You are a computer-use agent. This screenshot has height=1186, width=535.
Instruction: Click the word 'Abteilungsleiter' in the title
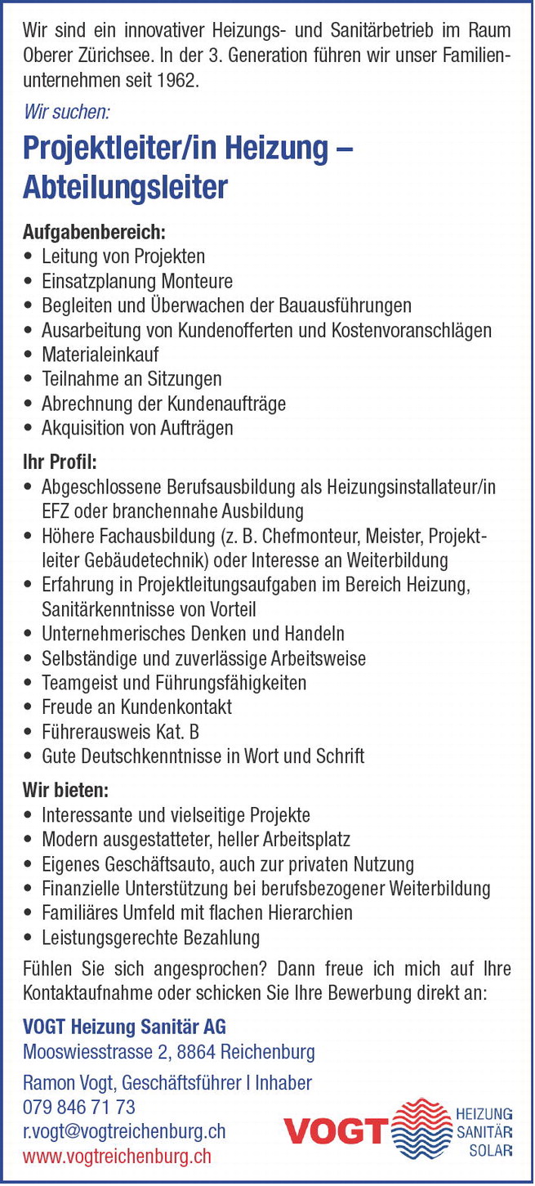[125, 188]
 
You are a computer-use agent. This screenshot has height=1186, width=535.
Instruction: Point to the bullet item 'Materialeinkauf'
[100, 354]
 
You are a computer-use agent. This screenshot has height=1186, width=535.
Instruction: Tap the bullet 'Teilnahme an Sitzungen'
[132, 379]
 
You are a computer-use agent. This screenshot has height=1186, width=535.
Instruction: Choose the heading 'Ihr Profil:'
[60, 463]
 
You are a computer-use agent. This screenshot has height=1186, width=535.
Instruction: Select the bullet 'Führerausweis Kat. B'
[120, 732]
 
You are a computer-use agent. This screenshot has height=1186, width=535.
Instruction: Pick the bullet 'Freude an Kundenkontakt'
[136, 707]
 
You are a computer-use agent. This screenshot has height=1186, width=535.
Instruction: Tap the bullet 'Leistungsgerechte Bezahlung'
[150, 937]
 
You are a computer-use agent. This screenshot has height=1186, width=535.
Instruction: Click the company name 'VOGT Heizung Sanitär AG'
[124, 1027]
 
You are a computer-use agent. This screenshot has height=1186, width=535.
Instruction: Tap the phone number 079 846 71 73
[79, 1108]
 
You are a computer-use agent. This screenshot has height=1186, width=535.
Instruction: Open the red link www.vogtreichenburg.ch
[117, 1156]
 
